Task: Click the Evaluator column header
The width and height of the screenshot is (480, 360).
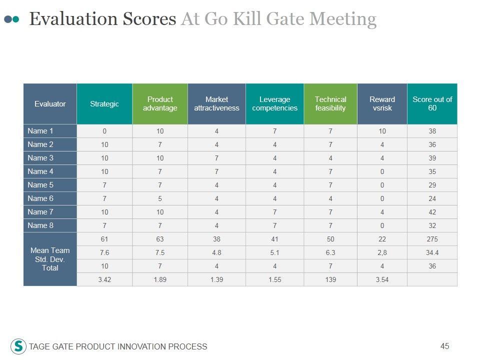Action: click(x=50, y=104)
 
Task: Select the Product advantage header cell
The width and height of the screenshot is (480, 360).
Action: click(x=160, y=104)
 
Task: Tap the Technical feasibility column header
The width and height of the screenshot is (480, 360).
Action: click(x=330, y=104)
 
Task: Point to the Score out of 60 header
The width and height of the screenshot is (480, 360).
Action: click(x=432, y=104)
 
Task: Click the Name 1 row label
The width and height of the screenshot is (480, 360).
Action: click(x=40, y=131)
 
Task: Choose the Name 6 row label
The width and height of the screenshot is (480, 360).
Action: click(x=40, y=198)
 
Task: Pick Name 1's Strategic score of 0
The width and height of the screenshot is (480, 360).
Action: click(x=104, y=131)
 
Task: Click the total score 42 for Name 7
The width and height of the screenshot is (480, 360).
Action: click(x=432, y=212)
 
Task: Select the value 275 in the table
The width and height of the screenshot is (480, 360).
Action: click(x=432, y=239)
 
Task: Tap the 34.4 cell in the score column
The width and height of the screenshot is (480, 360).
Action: click(x=432, y=253)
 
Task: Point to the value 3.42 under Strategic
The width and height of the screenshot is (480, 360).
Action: click(x=104, y=280)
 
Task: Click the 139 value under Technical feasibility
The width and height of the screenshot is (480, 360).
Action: click(x=330, y=280)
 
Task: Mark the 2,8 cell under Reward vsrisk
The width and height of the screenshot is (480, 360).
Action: click(x=382, y=253)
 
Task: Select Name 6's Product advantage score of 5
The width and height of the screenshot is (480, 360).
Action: click(x=160, y=199)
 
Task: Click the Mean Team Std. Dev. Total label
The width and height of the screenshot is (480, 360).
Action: click(x=50, y=259)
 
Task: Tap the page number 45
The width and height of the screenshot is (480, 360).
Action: click(x=445, y=346)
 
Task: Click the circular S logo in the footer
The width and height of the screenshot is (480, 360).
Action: click(x=18, y=346)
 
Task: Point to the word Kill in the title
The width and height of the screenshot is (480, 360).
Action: click(x=244, y=19)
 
